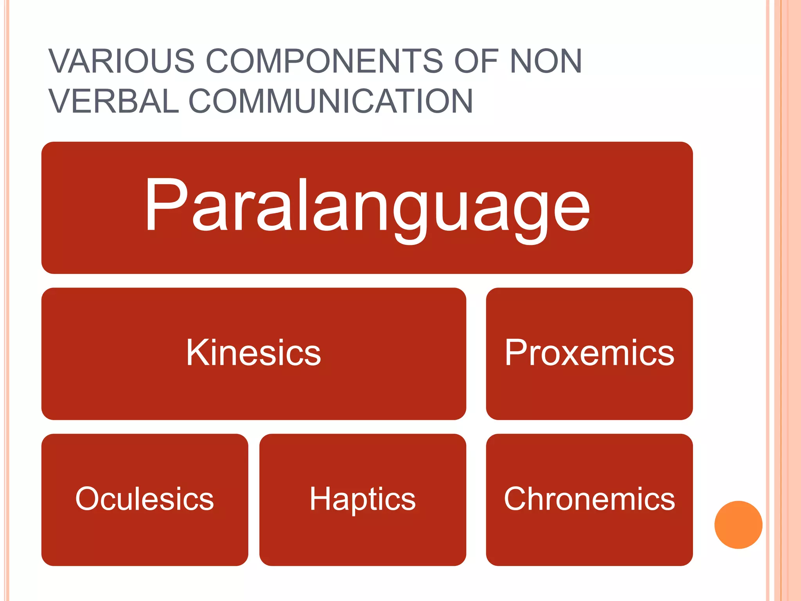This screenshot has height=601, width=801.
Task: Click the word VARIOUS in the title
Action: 121,61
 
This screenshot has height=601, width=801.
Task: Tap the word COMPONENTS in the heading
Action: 324,61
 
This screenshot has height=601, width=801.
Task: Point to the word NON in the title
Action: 546,61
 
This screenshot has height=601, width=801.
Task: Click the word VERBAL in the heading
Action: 113,101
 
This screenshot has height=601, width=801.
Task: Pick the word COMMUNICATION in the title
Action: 330,101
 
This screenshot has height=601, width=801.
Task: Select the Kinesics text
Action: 253,353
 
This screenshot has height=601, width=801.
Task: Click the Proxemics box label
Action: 589,353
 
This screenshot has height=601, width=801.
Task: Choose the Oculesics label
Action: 144,499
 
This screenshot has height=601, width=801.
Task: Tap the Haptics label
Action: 362,499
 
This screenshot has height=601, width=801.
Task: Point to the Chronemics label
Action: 589,499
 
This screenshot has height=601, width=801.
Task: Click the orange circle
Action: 738,525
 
